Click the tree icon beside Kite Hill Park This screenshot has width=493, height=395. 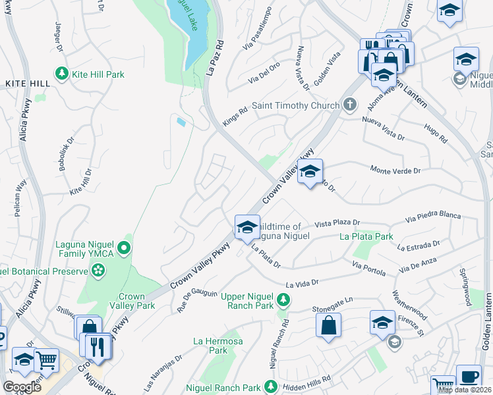[x=62, y=74]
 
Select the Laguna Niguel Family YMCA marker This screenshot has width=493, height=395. [x=124, y=249]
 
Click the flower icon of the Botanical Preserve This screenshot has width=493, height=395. [x=98, y=271]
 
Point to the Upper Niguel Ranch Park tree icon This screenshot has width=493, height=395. [x=283, y=300]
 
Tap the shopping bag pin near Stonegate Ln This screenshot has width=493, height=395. [x=328, y=325]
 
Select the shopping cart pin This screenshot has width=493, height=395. [x=46, y=360]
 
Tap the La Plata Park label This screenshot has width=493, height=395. [x=366, y=236]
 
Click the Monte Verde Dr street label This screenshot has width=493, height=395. [x=395, y=171]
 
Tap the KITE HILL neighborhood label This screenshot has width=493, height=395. [x=27, y=84]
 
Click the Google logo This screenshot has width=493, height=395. [x=21, y=387]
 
